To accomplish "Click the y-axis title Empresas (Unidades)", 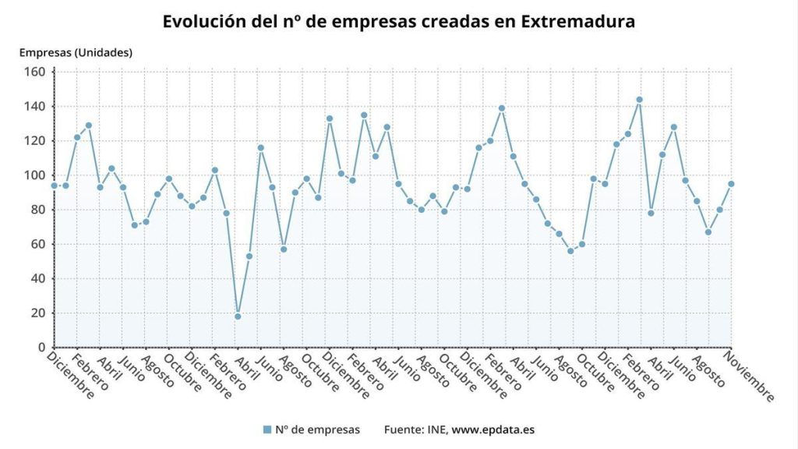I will tap(76, 53).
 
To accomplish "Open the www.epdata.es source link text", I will tap(493, 430).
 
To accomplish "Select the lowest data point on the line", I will tap(238, 316).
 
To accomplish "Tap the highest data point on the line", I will tap(639, 100).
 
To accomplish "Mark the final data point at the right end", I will tap(731, 184).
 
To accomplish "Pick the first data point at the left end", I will tap(55, 186).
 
